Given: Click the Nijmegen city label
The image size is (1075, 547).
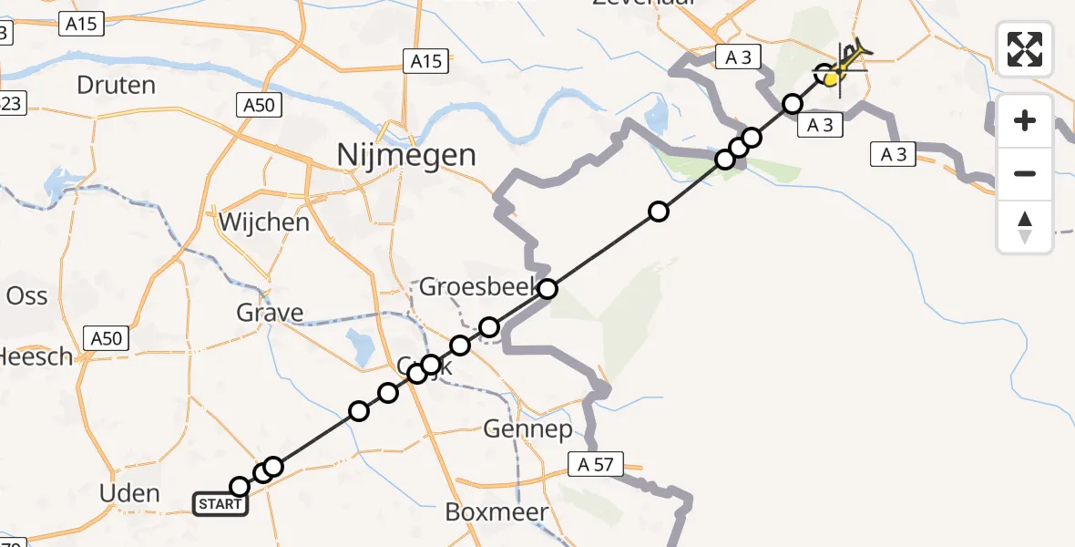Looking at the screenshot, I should [x=406, y=155].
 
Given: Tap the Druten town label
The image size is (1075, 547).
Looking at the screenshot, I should [x=118, y=86].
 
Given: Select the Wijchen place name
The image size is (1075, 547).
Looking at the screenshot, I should [x=263, y=222].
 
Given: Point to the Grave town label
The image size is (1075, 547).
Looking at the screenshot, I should [x=270, y=314].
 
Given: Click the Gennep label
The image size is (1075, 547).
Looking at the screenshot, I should [x=528, y=428].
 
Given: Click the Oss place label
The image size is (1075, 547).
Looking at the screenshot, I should [x=26, y=295].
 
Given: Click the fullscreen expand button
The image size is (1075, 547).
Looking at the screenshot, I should [x=1025, y=48].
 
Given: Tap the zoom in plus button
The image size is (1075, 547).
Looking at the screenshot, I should [x=1025, y=120].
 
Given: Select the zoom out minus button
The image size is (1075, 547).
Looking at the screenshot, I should [x=1025, y=173].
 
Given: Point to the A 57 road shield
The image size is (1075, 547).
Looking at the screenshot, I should [x=595, y=465].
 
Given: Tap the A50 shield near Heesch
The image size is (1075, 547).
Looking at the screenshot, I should [x=106, y=338].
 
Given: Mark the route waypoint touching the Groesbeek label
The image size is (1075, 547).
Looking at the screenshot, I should [x=547, y=290].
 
